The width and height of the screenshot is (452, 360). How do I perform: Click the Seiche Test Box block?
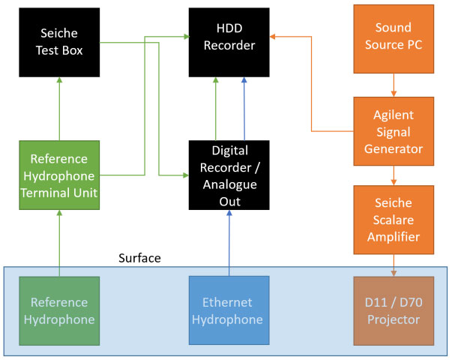click(x=59, y=42)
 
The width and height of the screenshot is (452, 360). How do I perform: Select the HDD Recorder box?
click(x=229, y=42)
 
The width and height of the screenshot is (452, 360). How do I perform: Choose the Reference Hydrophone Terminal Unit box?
click(x=59, y=176)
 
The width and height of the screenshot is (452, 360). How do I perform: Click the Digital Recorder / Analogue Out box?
click(x=229, y=175)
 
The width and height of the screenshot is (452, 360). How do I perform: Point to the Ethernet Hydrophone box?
click(x=229, y=311)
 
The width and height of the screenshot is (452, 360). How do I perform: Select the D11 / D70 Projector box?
click(x=394, y=311)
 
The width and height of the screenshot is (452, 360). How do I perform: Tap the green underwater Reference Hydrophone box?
click(x=59, y=311)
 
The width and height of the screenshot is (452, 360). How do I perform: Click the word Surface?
click(x=140, y=259)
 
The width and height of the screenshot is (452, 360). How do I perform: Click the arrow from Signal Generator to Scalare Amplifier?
click(x=394, y=175)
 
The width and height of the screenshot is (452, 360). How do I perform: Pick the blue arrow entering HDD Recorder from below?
click(x=244, y=109)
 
